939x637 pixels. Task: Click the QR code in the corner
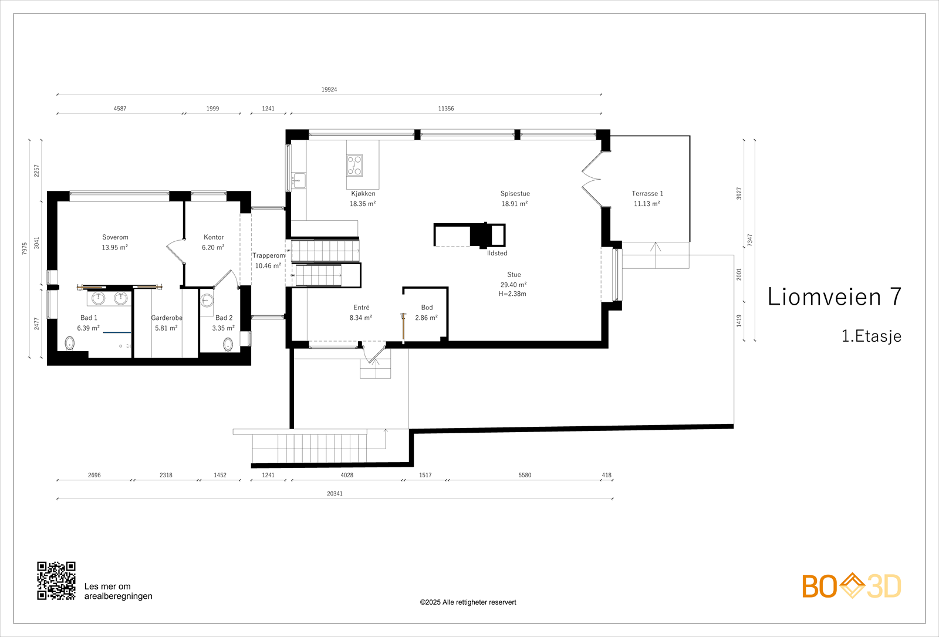click(x=56, y=581)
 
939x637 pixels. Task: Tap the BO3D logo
click(x=852, y=586)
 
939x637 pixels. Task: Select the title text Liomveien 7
click(x=834, y=297)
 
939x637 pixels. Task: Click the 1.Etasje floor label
click(x=871, y=336)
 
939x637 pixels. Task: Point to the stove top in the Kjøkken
click(x=354, y=165)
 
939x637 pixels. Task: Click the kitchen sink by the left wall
click(x=299, y=180)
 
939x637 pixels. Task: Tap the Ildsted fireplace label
click(x=497, y=254)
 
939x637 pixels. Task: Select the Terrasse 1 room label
click(x=647, y=194)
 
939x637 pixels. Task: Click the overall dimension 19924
click(x=329, y=90)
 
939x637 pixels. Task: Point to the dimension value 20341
click(x=335, y=494)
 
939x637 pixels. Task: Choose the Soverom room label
click(x=115, y=238)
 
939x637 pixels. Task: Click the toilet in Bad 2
click(x=228, y=344)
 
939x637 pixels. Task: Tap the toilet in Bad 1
click(x=70, y=343)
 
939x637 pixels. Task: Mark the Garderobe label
click(x=167, y=318)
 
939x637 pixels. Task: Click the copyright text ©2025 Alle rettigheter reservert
click(x=468, y=602)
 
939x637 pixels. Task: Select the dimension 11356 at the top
click(x=446, y=109)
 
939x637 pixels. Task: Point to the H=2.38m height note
click(x=512, y=294)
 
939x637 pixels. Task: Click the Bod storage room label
click(x=427, y=308)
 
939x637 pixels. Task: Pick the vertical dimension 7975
click(x=25, y=248)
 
